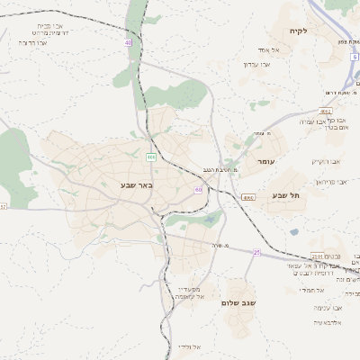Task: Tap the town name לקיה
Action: coord(299,31)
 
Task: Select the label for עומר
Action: coord(264,161)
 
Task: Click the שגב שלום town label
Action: coord(238,303)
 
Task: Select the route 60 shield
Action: coord(198,190)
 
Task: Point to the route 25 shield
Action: coord(256,252)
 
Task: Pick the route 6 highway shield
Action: coord(355,57)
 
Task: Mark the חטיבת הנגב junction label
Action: coord(219,169)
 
